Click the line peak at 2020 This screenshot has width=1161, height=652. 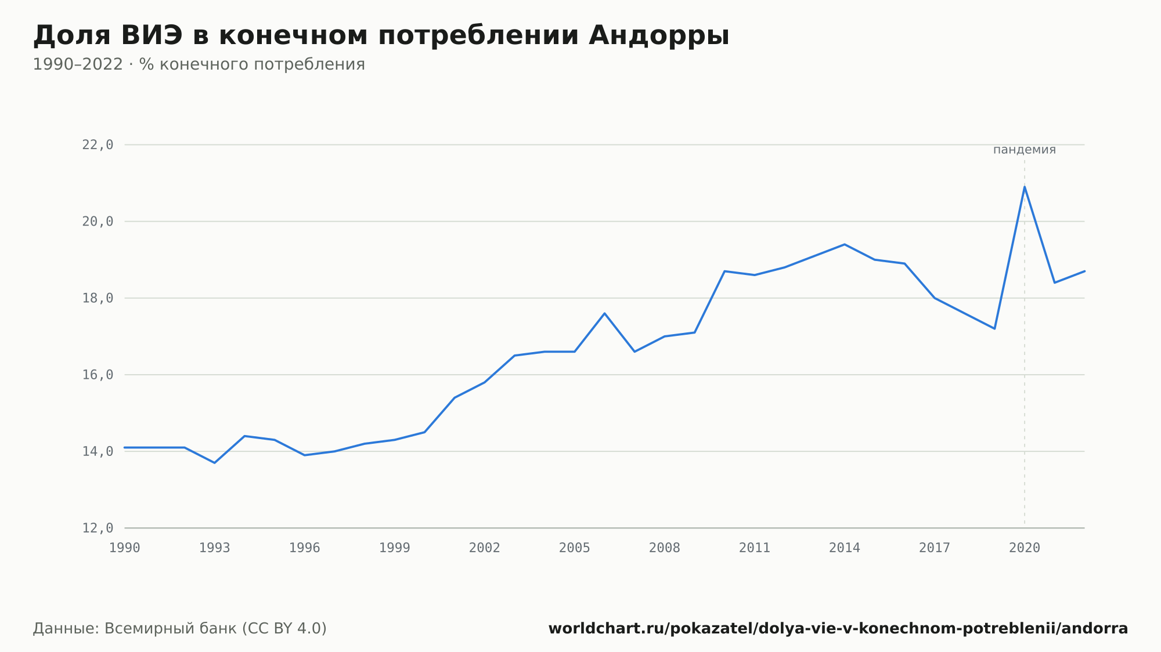(1025, 187)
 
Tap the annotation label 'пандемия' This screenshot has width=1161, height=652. (1025, 150)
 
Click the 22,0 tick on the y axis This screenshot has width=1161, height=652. (98, 145)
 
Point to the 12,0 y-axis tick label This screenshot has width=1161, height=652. (98, 528)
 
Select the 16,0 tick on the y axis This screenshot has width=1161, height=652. (98, 375)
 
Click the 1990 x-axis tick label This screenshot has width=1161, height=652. (125, 548)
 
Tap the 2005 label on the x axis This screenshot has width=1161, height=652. (575, 548)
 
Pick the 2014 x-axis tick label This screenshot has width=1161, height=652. (845, 548)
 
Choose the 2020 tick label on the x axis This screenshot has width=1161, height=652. (1025, 548)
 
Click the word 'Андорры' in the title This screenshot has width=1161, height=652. (659, 36)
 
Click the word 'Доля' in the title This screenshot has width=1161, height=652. (72, 36)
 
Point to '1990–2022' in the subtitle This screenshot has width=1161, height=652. (78, 64)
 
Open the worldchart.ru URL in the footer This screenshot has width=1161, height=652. (838, 628)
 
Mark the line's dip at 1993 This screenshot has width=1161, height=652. (215, 463)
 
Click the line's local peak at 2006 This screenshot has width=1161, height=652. (604, 313)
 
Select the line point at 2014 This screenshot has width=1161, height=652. (845, 244)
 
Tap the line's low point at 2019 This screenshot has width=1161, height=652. (994, 329)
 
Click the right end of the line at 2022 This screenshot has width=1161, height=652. (1084, 271)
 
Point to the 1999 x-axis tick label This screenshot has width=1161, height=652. (395, 548)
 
